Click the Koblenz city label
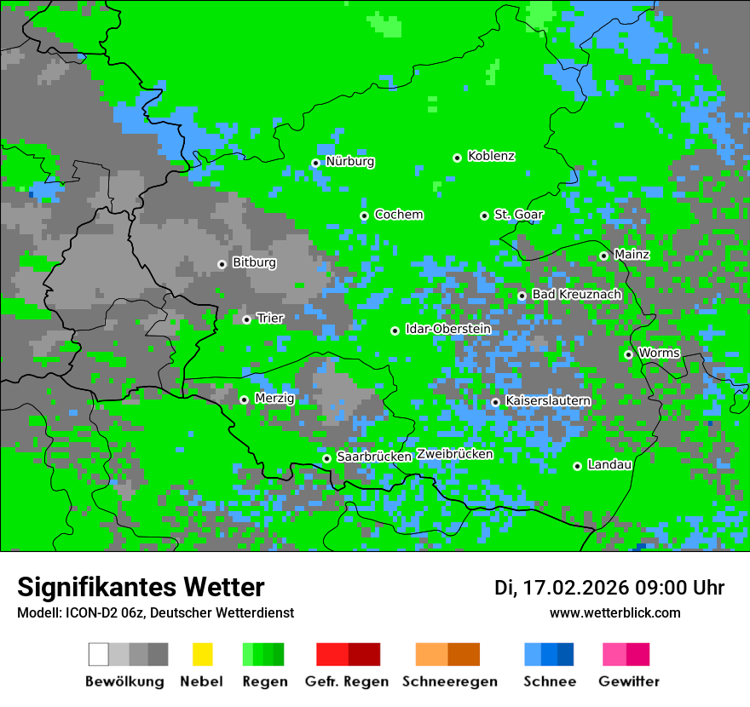click(491, 157)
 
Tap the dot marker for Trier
click(246, 319)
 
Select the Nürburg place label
click(349, 162)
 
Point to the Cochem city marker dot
click(364, 216)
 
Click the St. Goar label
click(518, 215)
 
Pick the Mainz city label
click(632, 255)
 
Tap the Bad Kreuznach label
click(576, 295)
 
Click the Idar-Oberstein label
click(447, 329)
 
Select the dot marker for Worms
click(628, 354)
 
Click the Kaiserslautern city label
click(548, 401)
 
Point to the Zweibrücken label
click(455, 454)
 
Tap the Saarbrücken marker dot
click(326, 458)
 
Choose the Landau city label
click(609, 465)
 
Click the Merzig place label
click(274, 399)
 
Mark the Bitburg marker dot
click(222, 264)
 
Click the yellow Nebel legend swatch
click(202, 654)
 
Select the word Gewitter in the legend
click(629, 681)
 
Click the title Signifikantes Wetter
click(141, 587)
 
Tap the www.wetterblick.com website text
click(615, 612)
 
